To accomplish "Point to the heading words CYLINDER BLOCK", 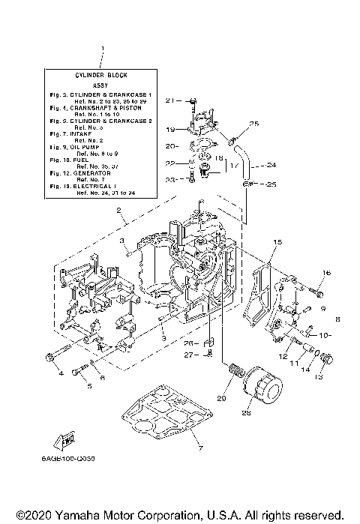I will click(103, 76).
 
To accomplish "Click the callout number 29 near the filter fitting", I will click(222, 398).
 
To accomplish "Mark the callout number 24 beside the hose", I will click(271, 165).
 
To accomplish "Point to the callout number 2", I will click(117, 212).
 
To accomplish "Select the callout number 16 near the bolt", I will click(326, 273).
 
